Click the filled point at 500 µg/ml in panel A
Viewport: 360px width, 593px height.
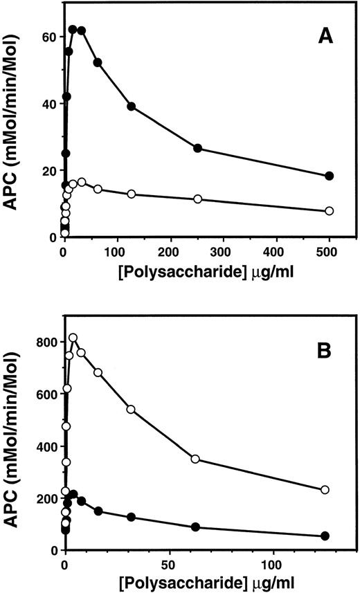pyautogui.click(x=330, y=176)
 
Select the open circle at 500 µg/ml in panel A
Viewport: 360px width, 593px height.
pyautogui.click(x=330, y=211)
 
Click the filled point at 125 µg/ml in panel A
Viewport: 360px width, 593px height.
pyautogui.click(x=131, y=107)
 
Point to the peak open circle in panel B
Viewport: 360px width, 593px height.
pyautogui.click(x=73, y=338)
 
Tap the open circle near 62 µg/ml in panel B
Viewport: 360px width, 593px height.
pyautogui.click(x=195, y=459)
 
